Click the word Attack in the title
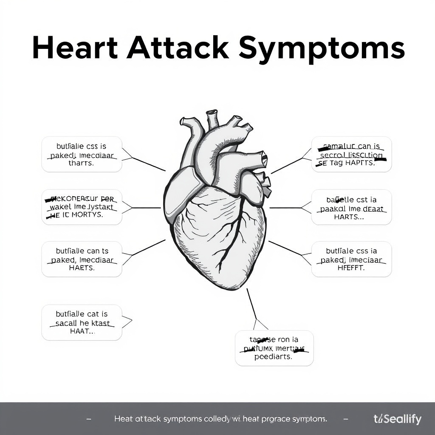point(178,49)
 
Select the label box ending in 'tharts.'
point(82,155)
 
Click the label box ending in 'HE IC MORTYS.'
point(82,207)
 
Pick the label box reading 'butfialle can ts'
point(82,259)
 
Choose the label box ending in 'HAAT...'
point(82,322)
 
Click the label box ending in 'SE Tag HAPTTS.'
point(351,155)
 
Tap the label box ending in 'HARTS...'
point(351,207)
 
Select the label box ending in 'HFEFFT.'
point(351,259)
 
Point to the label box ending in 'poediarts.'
point(274,348)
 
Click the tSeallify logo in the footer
point(398,419)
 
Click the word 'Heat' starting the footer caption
point(124,419)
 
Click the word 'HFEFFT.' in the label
point(351,268)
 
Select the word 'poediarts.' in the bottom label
point(274,357)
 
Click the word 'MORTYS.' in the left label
point(88,215)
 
